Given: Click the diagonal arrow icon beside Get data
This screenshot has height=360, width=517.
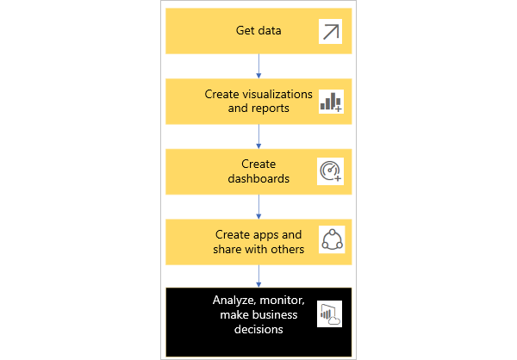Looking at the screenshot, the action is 330,32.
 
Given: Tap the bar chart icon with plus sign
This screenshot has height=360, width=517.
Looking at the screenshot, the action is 331,102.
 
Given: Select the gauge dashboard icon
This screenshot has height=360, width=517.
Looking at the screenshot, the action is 330,171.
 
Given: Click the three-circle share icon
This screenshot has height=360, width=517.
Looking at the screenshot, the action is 332,239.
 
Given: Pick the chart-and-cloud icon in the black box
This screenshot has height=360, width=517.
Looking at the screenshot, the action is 329,313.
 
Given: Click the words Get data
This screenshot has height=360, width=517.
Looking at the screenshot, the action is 258,31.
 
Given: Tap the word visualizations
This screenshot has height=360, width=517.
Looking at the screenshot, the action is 277,94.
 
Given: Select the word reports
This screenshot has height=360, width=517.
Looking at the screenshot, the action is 270,109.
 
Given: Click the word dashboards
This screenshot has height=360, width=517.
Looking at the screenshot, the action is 258,178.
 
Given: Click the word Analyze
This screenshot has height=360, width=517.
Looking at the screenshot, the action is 234,301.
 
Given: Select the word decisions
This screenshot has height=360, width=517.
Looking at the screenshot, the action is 258,329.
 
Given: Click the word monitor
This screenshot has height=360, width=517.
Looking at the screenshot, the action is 282,301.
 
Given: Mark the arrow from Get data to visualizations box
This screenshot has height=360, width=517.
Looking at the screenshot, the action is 258,66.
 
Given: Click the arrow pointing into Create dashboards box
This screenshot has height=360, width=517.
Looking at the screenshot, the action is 258,136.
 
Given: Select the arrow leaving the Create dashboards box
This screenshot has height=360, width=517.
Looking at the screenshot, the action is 258,207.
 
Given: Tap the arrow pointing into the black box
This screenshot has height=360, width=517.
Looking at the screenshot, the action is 258,276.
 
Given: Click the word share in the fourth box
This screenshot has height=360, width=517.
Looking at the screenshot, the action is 226,249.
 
